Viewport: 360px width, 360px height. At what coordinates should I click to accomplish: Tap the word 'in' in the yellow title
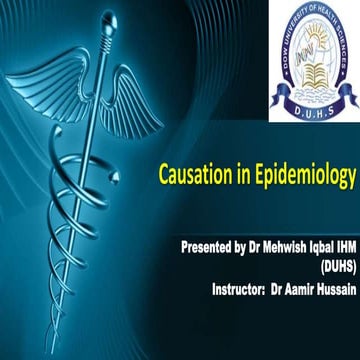pos(244,179)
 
